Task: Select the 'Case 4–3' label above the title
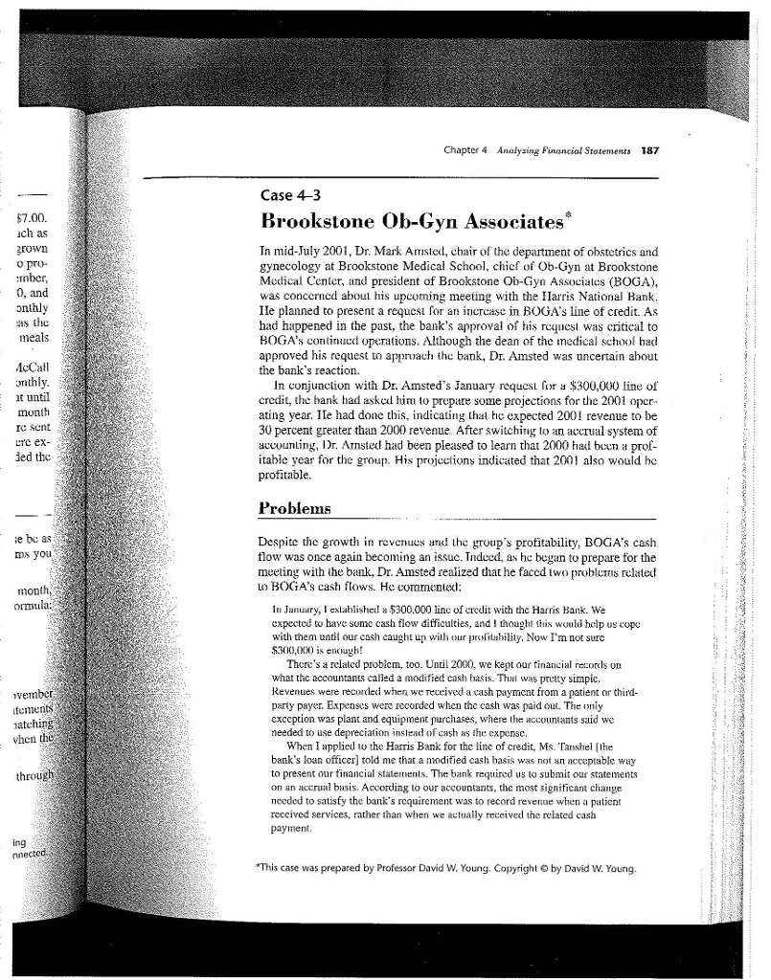coord(287,193)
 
